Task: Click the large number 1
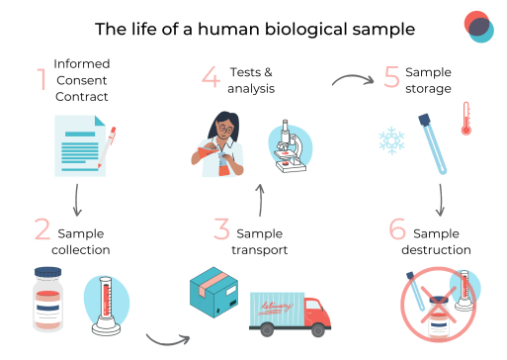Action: (x=42, y=79)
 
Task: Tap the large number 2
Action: (x=42, y=232)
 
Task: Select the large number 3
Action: (x=221, y=232)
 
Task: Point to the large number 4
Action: (x=211, y=78)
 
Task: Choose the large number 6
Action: (x=396, y=231)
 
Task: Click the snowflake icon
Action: (x=392, y=139)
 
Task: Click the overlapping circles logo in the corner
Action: (x=477, y=26)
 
